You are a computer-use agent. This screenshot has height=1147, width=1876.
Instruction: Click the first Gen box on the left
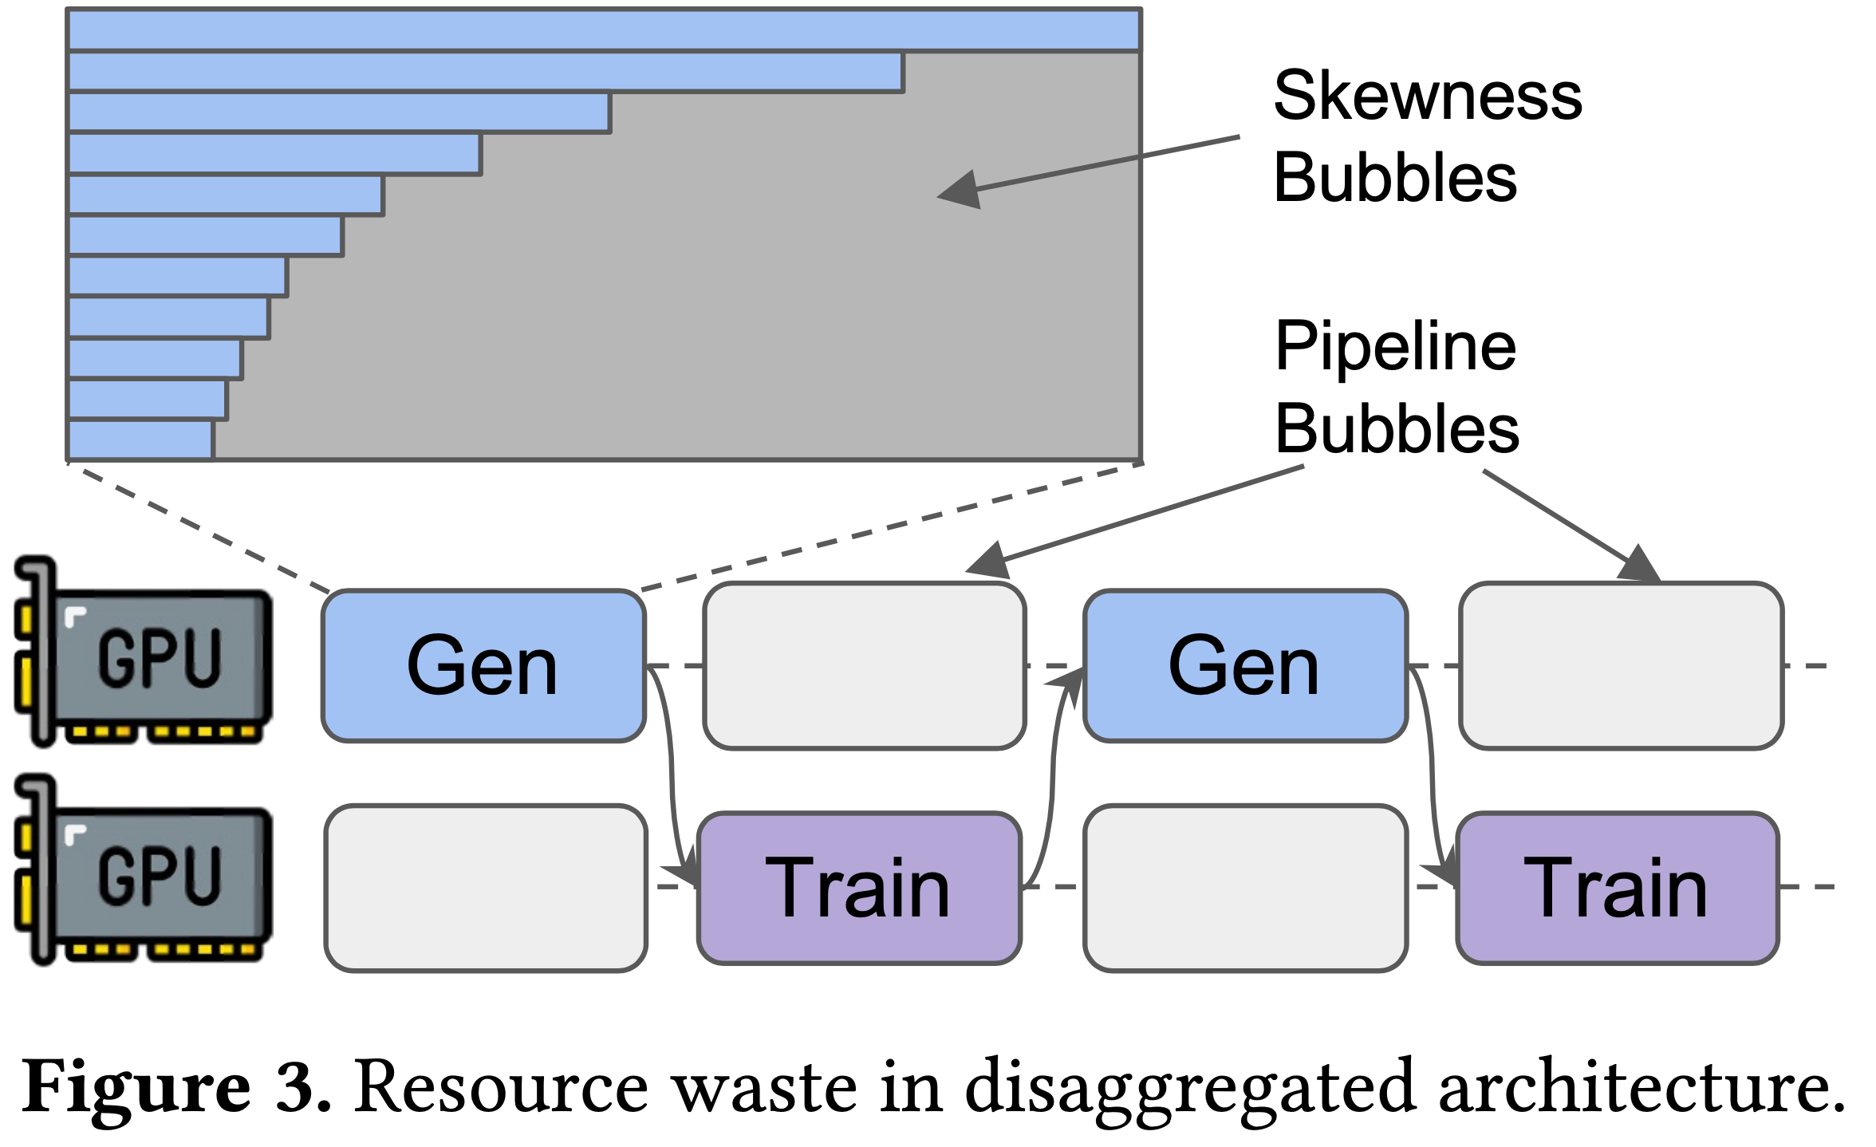point(483,666)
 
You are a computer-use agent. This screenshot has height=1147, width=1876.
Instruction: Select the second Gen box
point(1245,666)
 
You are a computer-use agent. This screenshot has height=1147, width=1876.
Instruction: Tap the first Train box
point(859,888)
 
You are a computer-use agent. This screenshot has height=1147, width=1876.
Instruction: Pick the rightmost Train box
point(1618,888)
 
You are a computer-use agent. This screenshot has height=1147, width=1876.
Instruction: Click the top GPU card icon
point(144,651)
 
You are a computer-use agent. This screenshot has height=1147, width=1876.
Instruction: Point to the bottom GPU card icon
point(144,869)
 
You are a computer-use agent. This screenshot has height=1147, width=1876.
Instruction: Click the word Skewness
point(1428,96)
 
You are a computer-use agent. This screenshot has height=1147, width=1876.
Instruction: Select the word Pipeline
point(1395,347)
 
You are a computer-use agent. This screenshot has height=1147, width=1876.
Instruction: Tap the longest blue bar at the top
point(605,30)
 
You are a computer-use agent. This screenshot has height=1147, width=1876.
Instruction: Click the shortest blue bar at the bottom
point(140,439)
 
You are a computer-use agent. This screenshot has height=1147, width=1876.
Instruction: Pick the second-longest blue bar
point(486,72)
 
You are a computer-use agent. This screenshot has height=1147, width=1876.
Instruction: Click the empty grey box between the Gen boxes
point(865,666)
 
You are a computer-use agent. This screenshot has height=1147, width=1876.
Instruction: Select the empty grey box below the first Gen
point(486,888)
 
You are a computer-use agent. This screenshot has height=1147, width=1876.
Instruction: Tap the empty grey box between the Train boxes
point(1245,888)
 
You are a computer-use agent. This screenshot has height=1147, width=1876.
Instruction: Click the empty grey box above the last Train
point(1622,666)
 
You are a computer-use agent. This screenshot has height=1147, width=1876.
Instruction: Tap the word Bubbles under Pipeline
point(1397,429)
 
